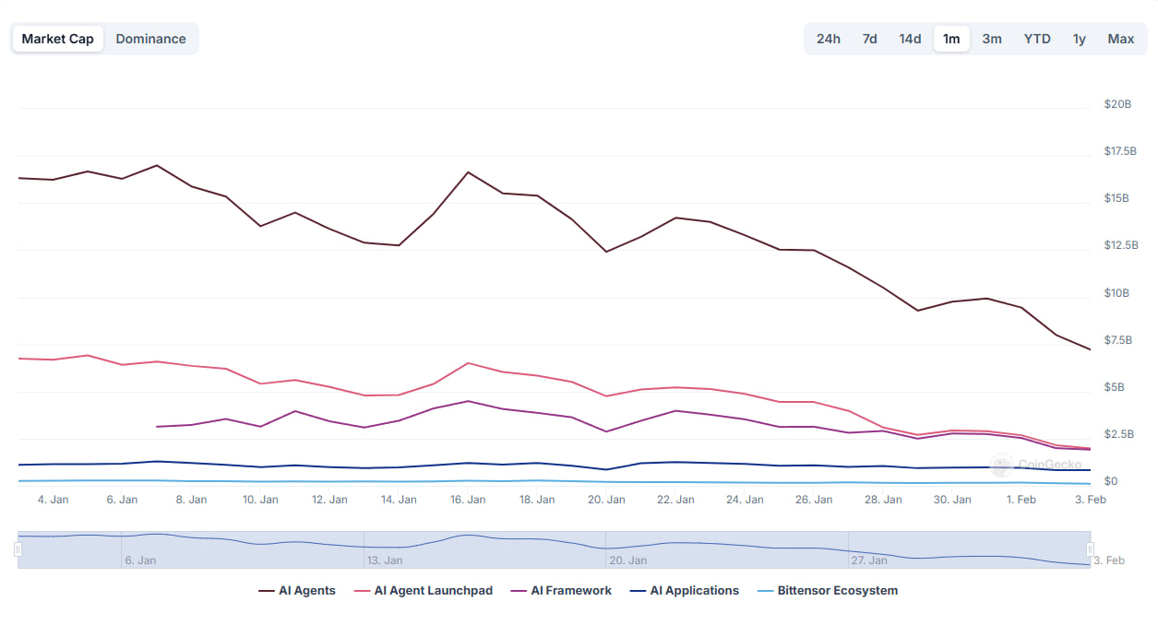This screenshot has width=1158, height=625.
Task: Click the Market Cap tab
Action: [58, 39]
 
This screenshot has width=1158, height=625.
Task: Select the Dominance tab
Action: [150, 39]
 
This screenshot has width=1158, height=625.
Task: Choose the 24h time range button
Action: [828, 39]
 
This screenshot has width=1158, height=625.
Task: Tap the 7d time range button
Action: [869, 39]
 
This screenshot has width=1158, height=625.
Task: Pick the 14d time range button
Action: [910, 39]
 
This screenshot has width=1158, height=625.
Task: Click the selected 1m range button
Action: [951, 39]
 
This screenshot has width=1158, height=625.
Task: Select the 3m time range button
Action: [992, 39]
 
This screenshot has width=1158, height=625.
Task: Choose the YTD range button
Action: [1037, 39]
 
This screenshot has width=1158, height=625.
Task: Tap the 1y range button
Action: [1079, 39]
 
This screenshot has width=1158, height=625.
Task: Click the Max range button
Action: [1121, 39]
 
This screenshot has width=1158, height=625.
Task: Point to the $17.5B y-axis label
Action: [1120, 151]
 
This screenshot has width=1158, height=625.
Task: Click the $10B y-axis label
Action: [1116, 293]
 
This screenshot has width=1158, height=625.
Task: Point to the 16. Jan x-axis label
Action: [468, 500]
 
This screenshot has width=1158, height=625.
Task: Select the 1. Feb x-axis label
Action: [1021, 500]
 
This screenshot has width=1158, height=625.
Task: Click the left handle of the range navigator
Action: [18, 549]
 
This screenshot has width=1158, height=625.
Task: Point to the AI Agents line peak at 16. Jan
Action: [468, 172]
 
